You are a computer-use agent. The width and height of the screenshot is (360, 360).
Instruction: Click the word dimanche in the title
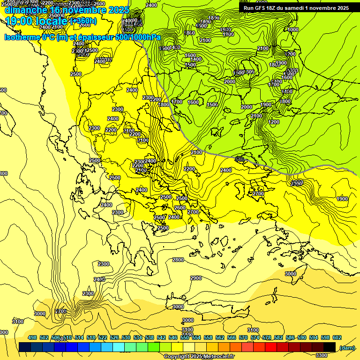coord(25,10)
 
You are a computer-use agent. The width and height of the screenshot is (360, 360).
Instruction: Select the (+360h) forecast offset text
coord(83,21)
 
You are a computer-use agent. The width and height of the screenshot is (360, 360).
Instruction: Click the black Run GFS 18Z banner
coord(296,7)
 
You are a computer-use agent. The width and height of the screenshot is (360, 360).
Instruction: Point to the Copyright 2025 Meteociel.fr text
coord(199,356)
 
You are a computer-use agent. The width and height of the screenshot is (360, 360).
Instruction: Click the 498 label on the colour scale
coord(32,337)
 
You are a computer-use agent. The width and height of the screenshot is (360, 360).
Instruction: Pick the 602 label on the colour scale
coord(337,337)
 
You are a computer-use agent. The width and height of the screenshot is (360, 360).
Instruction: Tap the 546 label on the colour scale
coord(173,337)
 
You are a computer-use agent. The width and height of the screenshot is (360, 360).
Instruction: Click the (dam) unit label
coord(347,347)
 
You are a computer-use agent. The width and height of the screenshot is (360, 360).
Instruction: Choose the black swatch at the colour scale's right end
coord(330,347)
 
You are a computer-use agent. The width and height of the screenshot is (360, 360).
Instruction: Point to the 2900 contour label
coord(196,278)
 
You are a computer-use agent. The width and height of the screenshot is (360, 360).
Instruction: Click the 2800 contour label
coord(178,260)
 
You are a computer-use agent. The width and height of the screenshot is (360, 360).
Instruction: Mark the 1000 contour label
coord(293,30)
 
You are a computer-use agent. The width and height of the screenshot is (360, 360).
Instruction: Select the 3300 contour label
coord(322,355)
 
